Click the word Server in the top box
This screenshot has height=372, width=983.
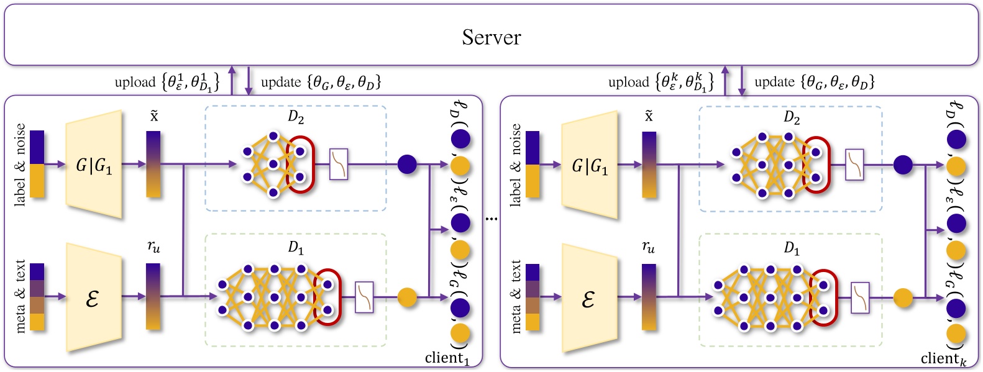click(491, 37)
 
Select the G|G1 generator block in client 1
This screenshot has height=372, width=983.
click(94, 165)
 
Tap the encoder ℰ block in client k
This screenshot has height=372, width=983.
click(588, 299)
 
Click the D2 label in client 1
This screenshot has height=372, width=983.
click(295, 117)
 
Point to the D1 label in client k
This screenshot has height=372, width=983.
click(791, 248)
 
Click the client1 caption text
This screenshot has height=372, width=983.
click(447, 358)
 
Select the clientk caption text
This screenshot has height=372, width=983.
click(943, 359)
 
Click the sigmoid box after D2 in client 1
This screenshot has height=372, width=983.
click(338, 165)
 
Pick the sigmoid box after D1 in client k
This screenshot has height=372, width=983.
click(860, 298)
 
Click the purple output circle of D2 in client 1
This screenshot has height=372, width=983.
click(407, 165)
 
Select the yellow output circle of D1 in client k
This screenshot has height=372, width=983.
click(903, 298)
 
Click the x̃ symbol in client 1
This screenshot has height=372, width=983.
click(153, 117)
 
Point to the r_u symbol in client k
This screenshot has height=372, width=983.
click(648, 247)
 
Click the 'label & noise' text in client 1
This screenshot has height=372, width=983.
click(20, 165)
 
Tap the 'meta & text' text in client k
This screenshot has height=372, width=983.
click(516, 297)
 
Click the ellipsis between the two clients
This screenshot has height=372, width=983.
click(491, 219)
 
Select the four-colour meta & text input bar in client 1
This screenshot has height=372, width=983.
click(37, 297)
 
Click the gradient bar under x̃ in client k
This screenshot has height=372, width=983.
click(649, 165)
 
